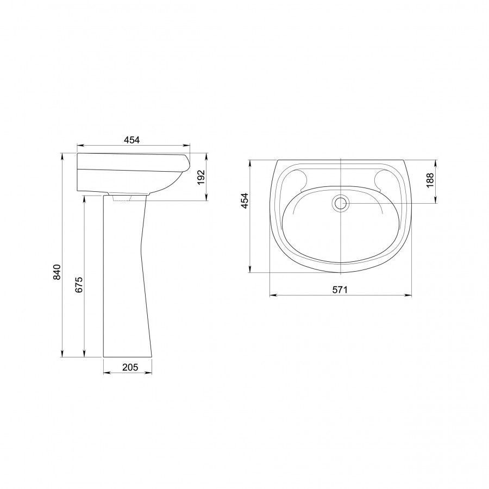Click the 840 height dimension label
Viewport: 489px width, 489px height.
coord(57,272)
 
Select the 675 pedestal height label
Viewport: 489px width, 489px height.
coord(79,284)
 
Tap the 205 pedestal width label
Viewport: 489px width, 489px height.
coord(130,367)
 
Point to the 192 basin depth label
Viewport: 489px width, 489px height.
coord(202,177)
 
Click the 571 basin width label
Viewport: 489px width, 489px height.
coord(340,290)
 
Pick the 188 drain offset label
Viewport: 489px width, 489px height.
coord(430,180)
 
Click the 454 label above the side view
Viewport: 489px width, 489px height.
coord(131,140)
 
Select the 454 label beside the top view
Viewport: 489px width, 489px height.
coord(245,201)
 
